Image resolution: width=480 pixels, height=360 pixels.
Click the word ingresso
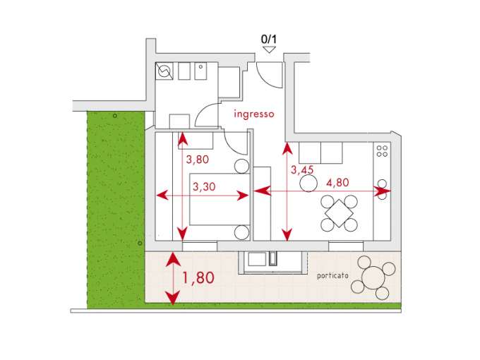point(254,114)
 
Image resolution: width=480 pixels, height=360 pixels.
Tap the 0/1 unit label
point(269,40)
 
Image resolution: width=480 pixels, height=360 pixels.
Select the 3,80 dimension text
point(198,160)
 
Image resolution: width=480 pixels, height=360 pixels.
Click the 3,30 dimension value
point(204,186)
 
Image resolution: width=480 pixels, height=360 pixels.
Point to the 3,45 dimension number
point(302,170)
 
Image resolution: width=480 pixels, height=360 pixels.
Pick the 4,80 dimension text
point(337,183)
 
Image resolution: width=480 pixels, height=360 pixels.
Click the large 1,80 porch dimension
point(198,277)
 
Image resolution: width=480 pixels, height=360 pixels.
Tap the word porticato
point(332,276)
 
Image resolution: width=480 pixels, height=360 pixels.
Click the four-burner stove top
point(382,151)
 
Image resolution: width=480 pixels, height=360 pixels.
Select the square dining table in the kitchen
point(339,213)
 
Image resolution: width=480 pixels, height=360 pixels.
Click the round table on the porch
point(373,277)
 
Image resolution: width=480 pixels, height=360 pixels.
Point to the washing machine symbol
point(164,71)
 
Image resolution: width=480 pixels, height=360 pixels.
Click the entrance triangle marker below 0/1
point(269,49)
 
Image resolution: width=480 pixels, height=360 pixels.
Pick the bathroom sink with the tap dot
point(200,71)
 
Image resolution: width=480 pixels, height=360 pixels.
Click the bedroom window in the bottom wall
point(200,246)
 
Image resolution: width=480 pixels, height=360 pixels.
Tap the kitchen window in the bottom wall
point(346,246)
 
